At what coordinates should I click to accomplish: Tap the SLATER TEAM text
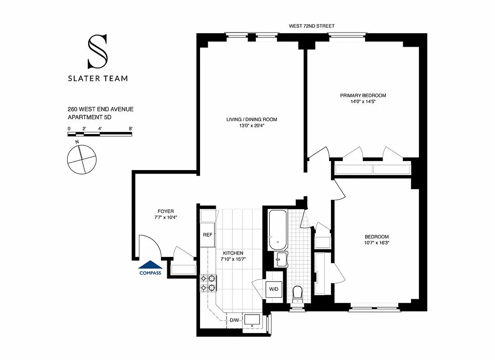98,78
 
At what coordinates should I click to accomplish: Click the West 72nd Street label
312,27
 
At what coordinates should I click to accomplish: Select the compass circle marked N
81,159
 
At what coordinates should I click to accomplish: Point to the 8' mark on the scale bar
130,129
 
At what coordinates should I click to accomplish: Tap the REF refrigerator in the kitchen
207,234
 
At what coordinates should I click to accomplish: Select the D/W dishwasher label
234,320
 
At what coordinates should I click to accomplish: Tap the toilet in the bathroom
298,294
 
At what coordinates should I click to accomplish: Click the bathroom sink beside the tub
281,260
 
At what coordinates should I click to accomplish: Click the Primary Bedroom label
363,95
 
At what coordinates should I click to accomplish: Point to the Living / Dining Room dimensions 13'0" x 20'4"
252,126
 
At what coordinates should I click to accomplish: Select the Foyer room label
165,211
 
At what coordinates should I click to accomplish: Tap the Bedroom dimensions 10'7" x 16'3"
377,243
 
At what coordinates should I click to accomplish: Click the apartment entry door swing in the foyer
149,247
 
